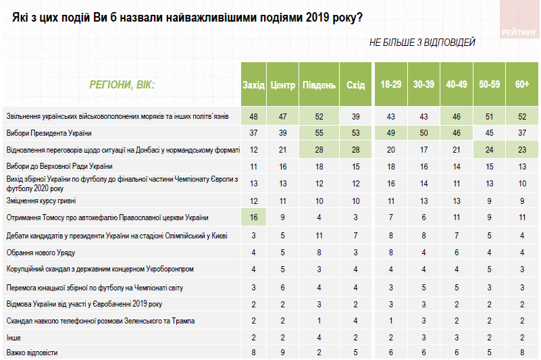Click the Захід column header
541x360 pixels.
point(254,85)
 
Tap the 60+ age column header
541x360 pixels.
point(522,85)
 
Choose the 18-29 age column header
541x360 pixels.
point(391,85)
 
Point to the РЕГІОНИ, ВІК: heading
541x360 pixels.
point(122,85)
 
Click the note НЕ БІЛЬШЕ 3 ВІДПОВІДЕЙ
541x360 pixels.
point(422,43)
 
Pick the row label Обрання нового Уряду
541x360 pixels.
point(41,251)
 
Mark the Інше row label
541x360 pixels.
point(14,336)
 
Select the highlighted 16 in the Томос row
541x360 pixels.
point(254,217)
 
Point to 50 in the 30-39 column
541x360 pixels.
point(423,133)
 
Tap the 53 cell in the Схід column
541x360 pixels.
point(355,133)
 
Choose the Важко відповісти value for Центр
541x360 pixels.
point(283,353)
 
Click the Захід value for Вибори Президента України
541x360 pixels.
point(254,133)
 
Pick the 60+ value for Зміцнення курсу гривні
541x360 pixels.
point(522,201)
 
